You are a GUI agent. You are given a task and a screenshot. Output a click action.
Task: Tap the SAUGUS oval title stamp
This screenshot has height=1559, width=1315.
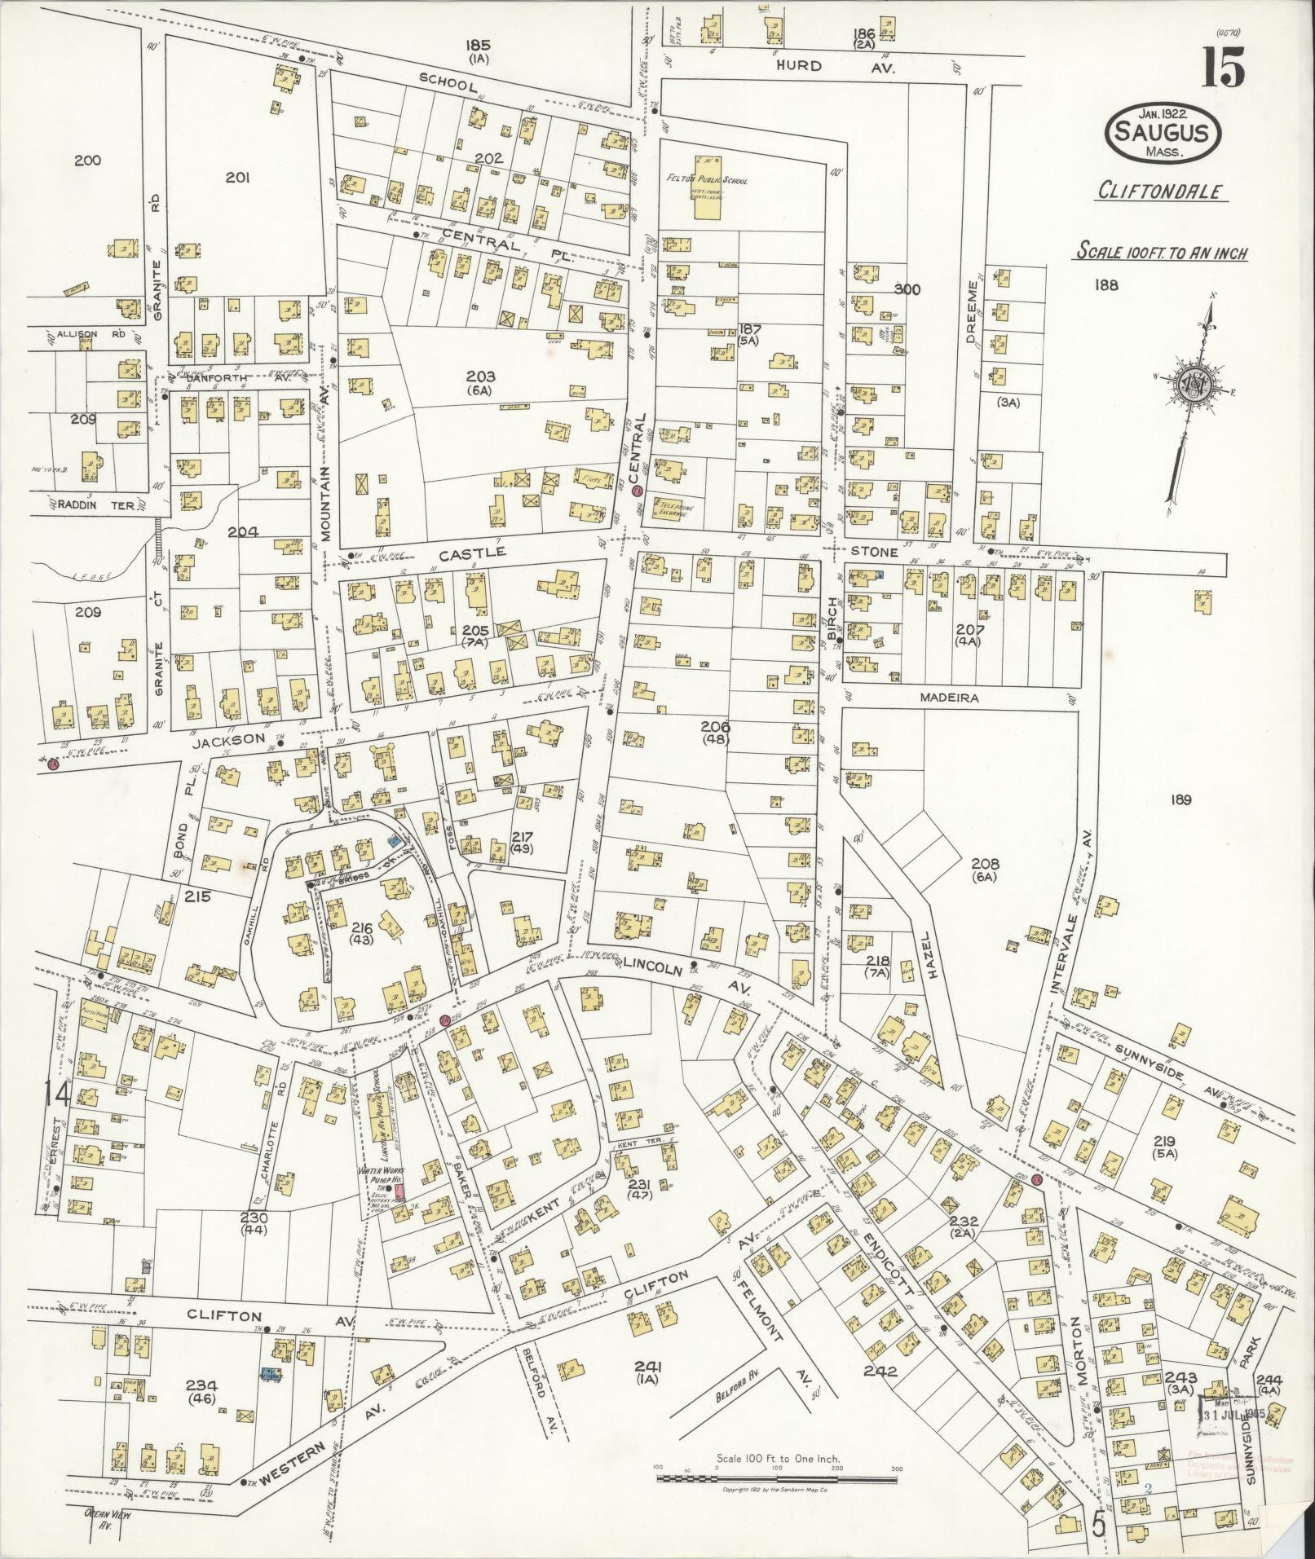pyautogui.click(x=1163, y=132)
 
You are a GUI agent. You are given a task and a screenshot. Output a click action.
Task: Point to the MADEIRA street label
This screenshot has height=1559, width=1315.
pyautogui.click(x=948, y=698)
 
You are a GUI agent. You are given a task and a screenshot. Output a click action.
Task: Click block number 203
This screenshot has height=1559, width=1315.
pyautogui.click(x=481, y=377)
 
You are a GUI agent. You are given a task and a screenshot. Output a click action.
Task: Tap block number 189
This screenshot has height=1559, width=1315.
pyautogui.click(x=1180, y=800)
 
